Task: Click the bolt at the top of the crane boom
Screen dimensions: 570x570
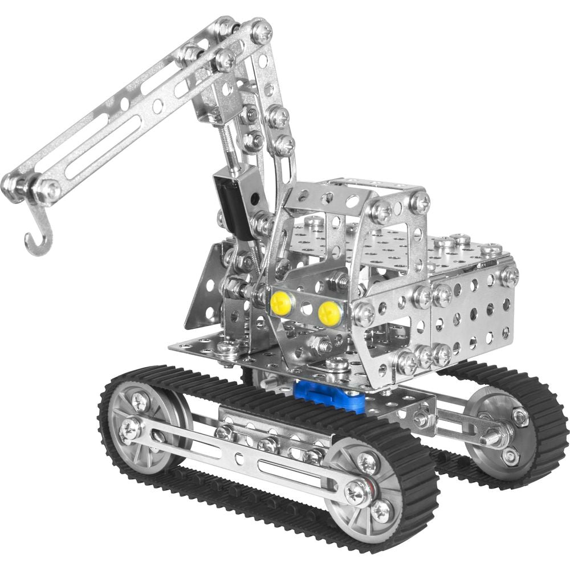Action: (x=261, y=31)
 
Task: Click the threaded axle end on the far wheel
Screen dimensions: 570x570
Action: (x=491, y=439)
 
